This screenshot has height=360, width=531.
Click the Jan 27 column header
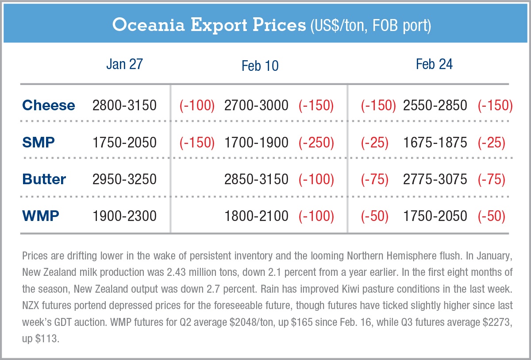click(124, 65)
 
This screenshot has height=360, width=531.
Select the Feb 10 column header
click(260, 66)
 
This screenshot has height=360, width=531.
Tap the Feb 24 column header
click(434, 65)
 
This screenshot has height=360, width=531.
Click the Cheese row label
click(49, 105)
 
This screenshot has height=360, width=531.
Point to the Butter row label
click(44, 179)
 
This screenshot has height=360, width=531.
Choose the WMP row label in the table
click(41, 216)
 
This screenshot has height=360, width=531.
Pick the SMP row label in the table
click(38, 143)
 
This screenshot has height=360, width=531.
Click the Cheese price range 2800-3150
click(124, 105)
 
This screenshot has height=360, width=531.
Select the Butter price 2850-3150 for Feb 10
click(256, 179)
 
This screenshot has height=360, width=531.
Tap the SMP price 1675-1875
click(435, 143)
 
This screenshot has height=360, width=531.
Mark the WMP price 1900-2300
click(124, 216)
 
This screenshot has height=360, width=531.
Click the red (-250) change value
click(316, 143)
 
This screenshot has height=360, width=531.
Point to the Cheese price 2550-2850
click(435, 105)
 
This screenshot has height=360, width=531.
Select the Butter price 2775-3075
click(435, 179)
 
